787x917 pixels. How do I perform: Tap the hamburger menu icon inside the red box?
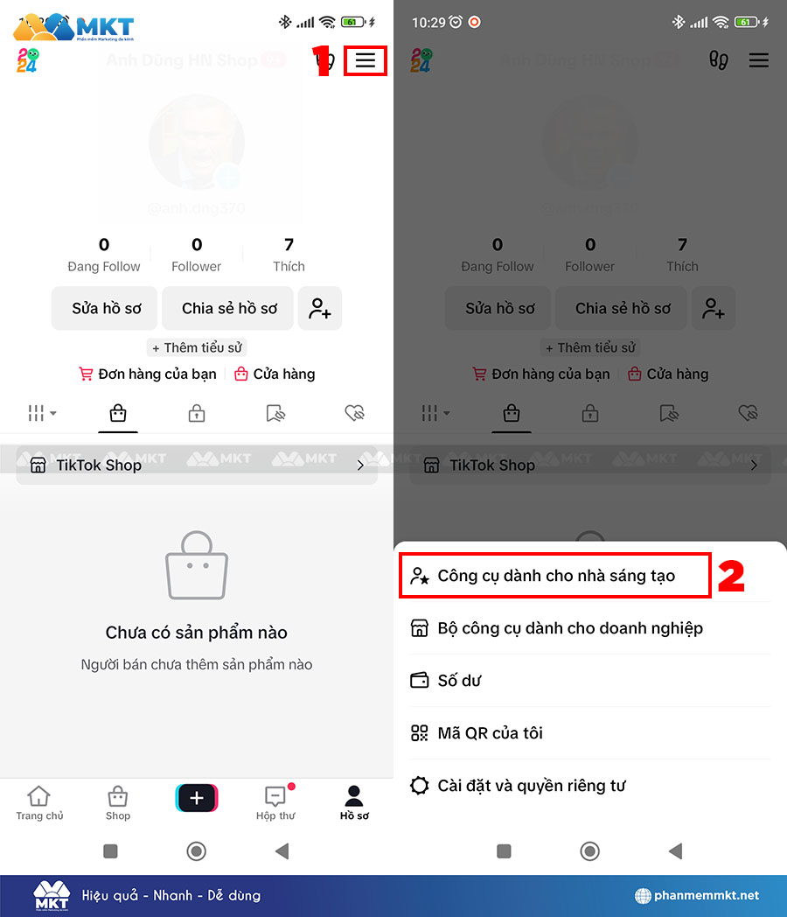coord(366,60)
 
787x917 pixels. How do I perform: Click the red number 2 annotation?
coord(731,577)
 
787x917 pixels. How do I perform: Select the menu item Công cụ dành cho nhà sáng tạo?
coord(556,577)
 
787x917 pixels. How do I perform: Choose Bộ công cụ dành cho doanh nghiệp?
coord(570,628)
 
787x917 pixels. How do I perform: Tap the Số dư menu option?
coord(459,681)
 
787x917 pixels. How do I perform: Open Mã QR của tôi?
coord(490,733)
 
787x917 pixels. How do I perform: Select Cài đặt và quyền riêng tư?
coord(531,786)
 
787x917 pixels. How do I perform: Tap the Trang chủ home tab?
coord(39,802)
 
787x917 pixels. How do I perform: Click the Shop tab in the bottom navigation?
coord(118,802)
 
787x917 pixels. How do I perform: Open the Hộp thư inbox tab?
coord(275,802)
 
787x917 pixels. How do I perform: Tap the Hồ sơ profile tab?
coord(354,802)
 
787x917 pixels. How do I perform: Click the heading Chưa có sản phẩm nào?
coord(197,633)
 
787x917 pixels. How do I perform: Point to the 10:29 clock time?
coord(428,22)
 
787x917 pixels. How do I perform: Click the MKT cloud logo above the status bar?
coord(73,28)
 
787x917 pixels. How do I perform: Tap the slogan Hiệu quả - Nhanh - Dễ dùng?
coord(171,895)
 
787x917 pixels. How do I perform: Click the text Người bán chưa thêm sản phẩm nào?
coord(197,665)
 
